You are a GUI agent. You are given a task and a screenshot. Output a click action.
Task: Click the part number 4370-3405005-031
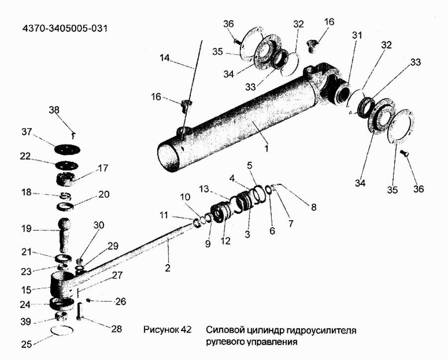click(x=65, y=28)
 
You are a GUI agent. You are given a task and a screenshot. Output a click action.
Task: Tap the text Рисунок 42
click(x=167, y=330)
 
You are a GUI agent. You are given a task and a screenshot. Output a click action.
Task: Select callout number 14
click(x=165, y=58)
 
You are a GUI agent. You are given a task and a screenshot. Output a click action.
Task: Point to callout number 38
click(x=54, y=110)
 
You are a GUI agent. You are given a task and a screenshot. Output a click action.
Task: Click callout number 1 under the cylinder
click(x=266, y=148)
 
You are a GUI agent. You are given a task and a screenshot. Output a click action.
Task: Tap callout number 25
click(x=26, y=344)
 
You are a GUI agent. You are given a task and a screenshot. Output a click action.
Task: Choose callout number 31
click(x=357, y=35)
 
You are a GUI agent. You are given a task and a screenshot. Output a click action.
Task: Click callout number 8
click(x=314, y=207)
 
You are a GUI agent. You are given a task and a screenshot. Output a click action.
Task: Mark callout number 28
click(x=116, y=329)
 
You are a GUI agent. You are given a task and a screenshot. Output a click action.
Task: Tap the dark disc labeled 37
click(x=67, y=149)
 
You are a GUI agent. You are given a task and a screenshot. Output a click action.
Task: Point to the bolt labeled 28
click(x=79, y=312)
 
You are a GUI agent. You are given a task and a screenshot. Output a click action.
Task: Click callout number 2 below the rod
click(x=167, y=268)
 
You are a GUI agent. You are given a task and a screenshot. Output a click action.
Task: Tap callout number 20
click(x=104, y=194)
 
